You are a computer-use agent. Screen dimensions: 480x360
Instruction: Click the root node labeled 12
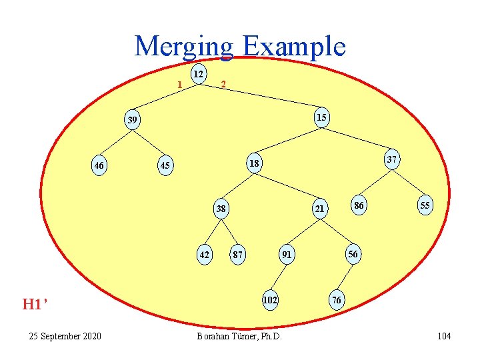[x=198, y=73]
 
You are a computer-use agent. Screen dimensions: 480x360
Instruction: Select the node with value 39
[x=133, y=120]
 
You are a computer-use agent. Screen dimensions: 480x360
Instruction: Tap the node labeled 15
[x=321, y=117]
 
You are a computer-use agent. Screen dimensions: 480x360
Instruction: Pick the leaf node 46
[x=99, y=165]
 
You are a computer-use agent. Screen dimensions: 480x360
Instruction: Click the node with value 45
[x=165, y=165]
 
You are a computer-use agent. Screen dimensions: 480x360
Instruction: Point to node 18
[x=254, y=163]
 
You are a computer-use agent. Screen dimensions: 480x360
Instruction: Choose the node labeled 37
[x=392, y=159]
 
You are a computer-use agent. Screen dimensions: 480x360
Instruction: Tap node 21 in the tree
[x=320, y=209]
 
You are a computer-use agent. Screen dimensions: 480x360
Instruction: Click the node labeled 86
[x=359, y=205]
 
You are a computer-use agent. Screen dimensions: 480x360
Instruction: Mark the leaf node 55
[x=424, y=205]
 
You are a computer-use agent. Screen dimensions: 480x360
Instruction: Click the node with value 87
[x=237, y=254]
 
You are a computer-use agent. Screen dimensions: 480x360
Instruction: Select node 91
[x=286, y=254]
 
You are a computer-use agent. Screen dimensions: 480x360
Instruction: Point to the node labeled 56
[x=353, y=254]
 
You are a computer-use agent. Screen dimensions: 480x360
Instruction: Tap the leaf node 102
[x=269, y=300]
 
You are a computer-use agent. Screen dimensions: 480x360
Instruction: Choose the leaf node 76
[x=337, y=300]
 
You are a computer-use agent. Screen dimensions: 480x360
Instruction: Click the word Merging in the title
[x=184, y=47]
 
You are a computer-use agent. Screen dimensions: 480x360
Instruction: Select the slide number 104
[x=444, y=336]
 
